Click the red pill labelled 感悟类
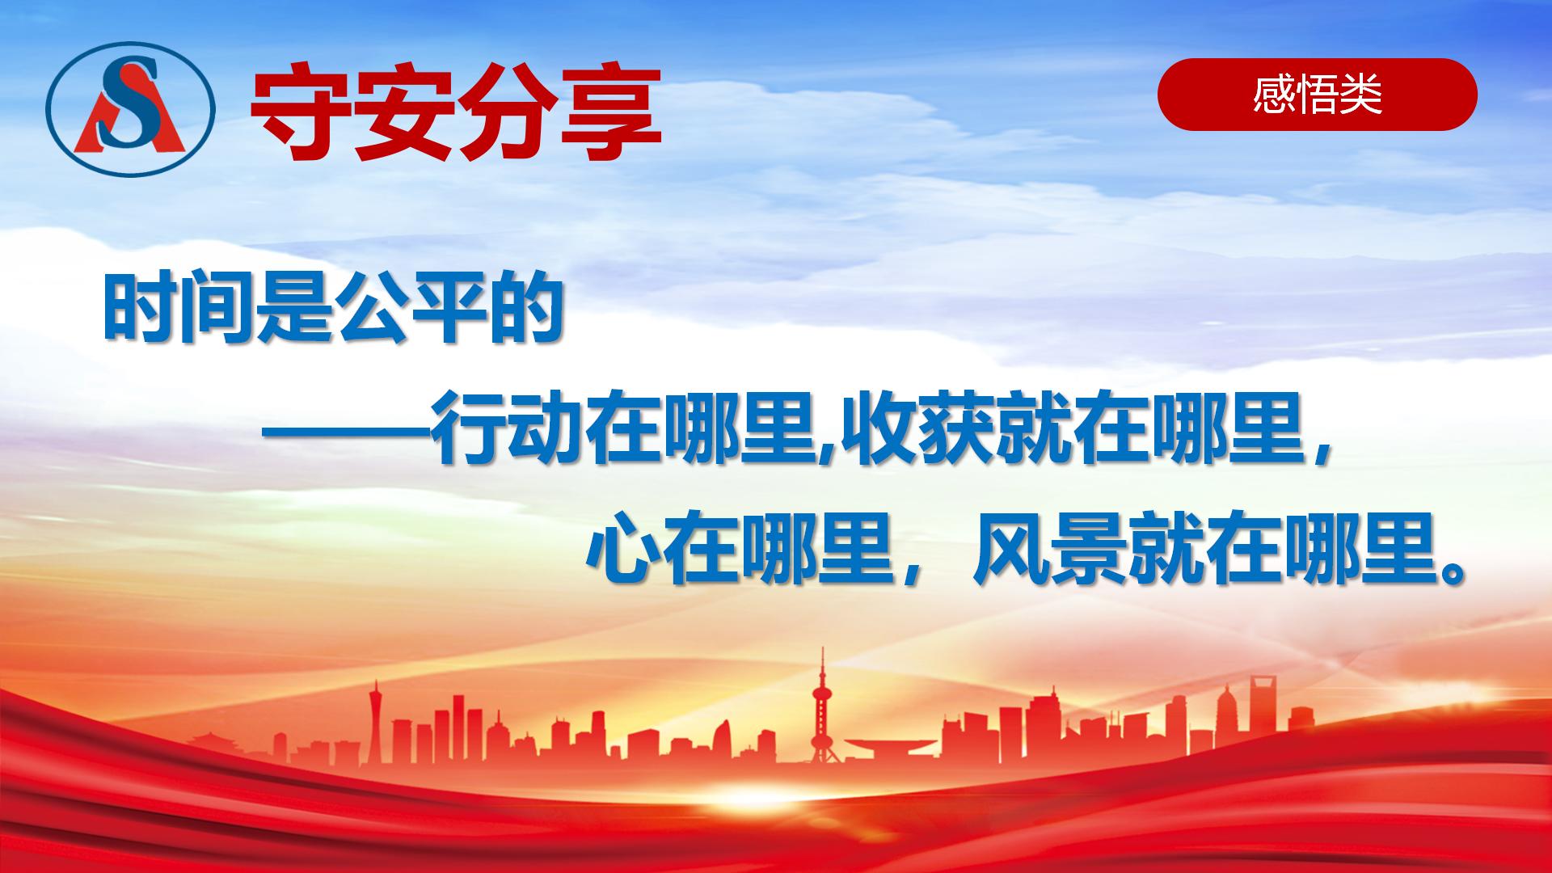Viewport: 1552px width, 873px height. pyautogui.click(x=1317, y=95)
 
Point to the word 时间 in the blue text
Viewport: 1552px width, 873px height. pyautogui.click(x=179, y=309)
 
